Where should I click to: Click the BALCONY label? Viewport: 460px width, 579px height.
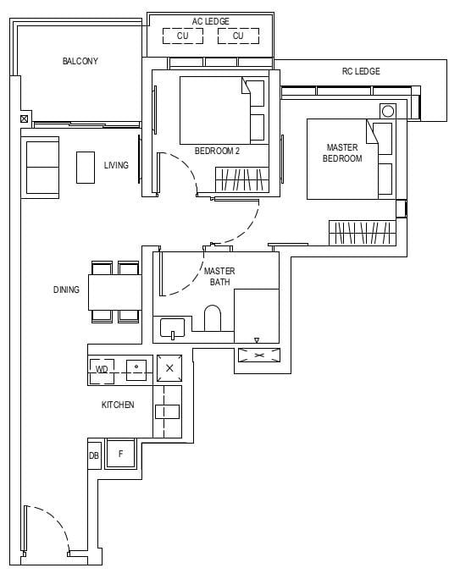pyautogui.click(x=80, y=61)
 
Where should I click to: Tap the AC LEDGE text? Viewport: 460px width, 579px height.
pyautogui.click(x=210, y=21)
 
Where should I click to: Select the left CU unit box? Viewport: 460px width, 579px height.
pyautogui.click(x=183, y=36)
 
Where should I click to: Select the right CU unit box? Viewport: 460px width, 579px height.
pyautogui.click(x=238, y=36)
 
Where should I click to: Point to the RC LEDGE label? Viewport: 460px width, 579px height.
pyautogui.click(x=361, y=71)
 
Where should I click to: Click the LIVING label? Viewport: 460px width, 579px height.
pyautogui.click(x=116, y=165)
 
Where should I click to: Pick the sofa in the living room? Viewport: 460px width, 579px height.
pyautogui.click(x=42, y=167)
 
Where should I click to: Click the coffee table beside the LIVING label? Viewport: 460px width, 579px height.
pyautogui.click(x=86, y=167)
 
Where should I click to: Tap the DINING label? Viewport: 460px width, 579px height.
pyautogui.click(x=66, y=289)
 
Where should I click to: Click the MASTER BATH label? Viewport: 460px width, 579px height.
pyautogui.click(x=219, y=276)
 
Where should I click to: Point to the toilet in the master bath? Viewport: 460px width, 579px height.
pyautogui.click(x=213, y=319)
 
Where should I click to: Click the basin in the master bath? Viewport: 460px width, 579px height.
pyautogui.click(x=173, y=328)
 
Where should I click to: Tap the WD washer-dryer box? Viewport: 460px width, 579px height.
pyautogui.click(x=102, y=369)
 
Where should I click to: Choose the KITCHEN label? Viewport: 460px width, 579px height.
pyautogui.click(x=118, y=405)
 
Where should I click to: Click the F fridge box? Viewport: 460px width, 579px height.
pyautogui.click(x=121, y=455)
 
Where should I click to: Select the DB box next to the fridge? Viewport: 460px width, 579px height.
pyautogui.click(x=93, y=455)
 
